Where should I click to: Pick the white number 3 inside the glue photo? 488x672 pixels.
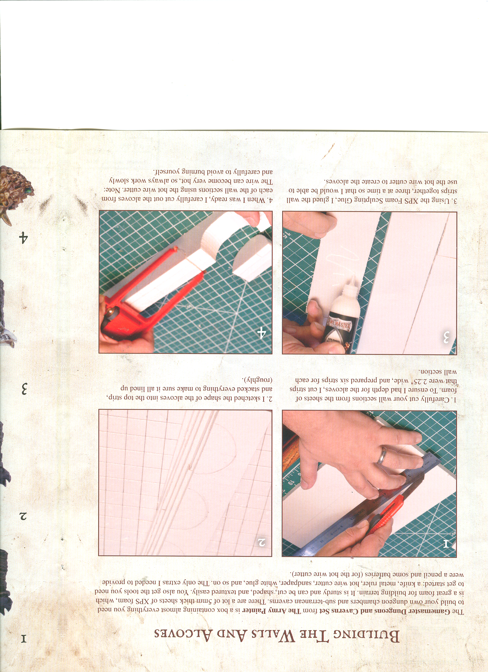tap(446, 338)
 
